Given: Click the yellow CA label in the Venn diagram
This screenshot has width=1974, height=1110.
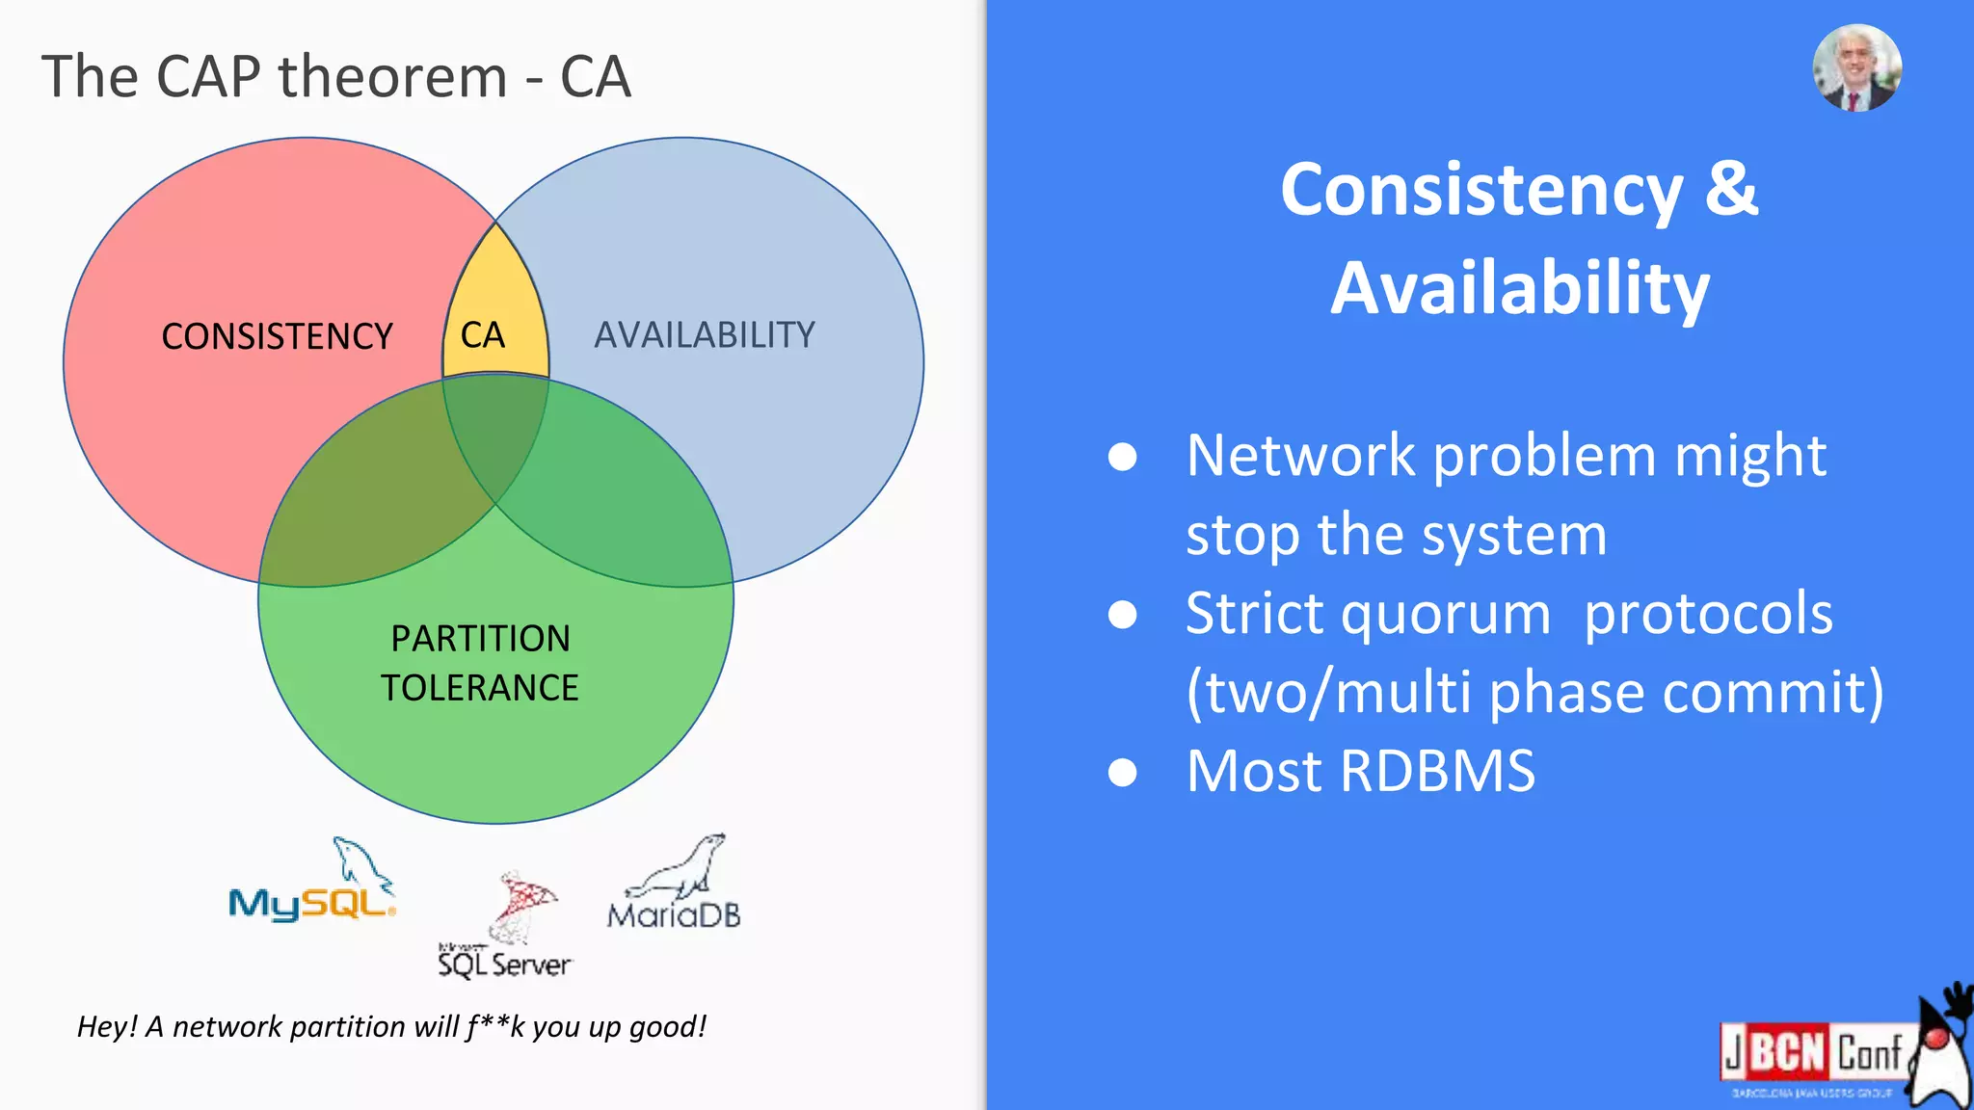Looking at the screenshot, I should tap(483, 335).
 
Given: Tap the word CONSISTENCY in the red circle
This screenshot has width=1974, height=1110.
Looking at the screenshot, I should tap(277, 336).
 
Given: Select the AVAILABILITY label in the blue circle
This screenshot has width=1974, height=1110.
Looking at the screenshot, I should tap(705, 335).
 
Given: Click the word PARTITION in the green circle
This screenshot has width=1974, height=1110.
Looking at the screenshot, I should tap(480, 639).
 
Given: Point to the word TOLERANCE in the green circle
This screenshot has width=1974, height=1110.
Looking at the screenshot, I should tap(479, 688).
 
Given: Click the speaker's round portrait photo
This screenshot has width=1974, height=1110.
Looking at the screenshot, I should tap(1856, 68).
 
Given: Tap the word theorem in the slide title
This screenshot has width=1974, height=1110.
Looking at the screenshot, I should tap(392, 77).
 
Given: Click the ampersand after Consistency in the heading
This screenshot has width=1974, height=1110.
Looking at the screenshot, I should tap(1731, 189).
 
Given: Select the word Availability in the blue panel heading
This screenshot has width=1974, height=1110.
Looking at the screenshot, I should tap(1519, 287).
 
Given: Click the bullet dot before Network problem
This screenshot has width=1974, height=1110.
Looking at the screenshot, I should tap(1122, 457).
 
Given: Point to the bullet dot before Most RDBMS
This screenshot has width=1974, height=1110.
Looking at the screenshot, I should tap(1122, 772).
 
